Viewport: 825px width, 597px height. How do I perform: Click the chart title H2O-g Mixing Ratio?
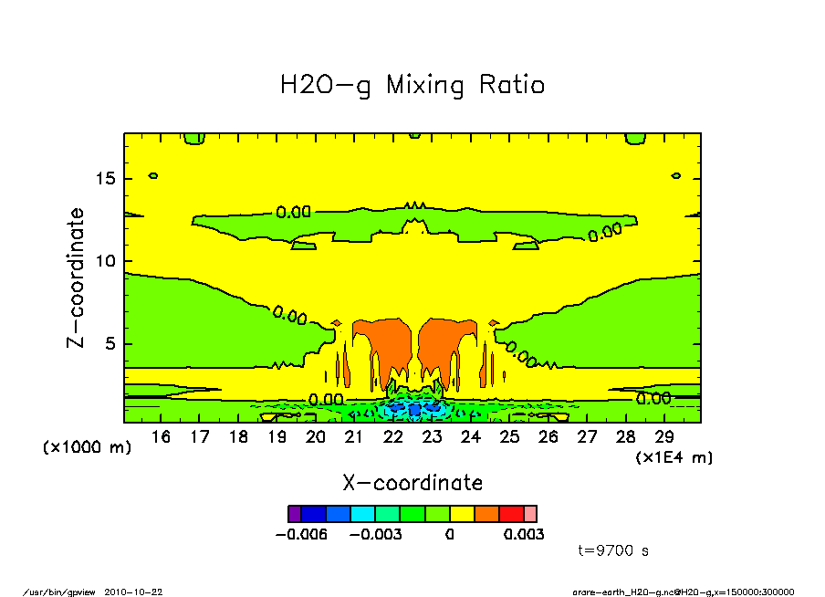pyautogui.click(x=412, y=86)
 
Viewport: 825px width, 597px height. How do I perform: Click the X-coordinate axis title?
pyautogui.click(x=412, y=483)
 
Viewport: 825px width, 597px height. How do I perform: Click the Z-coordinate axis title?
pyautogui.click(x=77, y=278)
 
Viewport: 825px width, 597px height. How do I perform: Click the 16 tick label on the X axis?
pyautogui.click(x=161, y=437)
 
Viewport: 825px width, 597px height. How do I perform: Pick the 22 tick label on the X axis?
pyautogui.click(x=393, y=437)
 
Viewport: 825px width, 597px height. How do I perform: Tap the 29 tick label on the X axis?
pyautogui.click(x=665, y=437)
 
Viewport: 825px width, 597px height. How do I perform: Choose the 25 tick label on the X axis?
pyautogui.click(x=510, y=437)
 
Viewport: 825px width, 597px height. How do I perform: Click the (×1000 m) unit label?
pyautogui.click(x=88, y=448)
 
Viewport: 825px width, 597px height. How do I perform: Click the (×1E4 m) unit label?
pyautogui.click(x=674, y=456)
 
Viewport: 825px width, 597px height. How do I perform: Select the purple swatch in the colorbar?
pyautogui.click(x=294, y=514)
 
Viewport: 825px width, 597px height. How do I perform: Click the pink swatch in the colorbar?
pyautogui.click(x=530, y=514)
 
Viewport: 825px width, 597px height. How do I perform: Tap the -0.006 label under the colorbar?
pyautogui.click(x=302, y=534)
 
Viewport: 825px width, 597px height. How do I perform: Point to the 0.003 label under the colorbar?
pyautogui.click(x=523, y=534)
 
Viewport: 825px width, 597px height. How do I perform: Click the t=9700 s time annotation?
pyautogui.click(x=613, y=551)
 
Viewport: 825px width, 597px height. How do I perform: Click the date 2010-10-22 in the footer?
pyautogui.click(x=141, y=592)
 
